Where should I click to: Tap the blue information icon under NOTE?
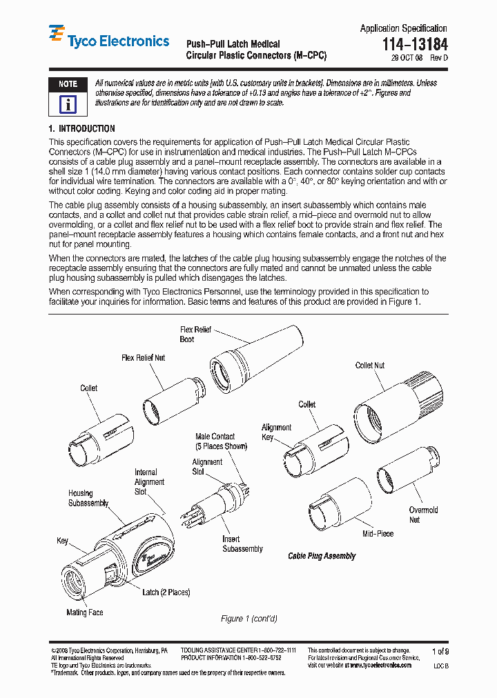pos(68,104)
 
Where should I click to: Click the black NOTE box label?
pos(68,83)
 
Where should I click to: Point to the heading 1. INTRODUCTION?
pos(81,129)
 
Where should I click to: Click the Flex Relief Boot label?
pos(195,335)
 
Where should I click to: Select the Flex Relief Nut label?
pos(143,358)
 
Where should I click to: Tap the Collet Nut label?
pos(370,366)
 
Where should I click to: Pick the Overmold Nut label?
pos(423,515)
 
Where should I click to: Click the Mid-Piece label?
pos(378,534)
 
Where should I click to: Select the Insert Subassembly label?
pos(242,544)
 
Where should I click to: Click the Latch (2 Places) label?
pos(166,592)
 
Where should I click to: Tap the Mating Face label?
pos(85,612)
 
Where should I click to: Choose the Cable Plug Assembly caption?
pos(322,556)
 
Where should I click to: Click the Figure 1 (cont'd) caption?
pos(248,619)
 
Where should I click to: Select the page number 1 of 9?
pos(439,651)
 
